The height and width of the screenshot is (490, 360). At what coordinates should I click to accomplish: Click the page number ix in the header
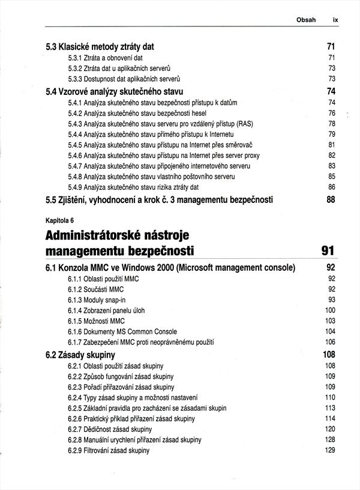tap(335, 19)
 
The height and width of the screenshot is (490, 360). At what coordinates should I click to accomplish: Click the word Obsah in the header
tap(306, 19)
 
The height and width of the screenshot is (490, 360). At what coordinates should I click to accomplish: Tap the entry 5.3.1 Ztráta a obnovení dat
tap(105, 58)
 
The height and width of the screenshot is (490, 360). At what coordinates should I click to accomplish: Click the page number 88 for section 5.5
tap(330, 200)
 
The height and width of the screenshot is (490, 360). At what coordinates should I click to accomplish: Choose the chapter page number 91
tap(328, 249)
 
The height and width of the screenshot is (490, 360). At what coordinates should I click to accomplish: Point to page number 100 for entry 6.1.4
tap(329, 310)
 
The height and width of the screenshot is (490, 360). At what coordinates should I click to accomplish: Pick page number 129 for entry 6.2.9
tap(329, 450)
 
